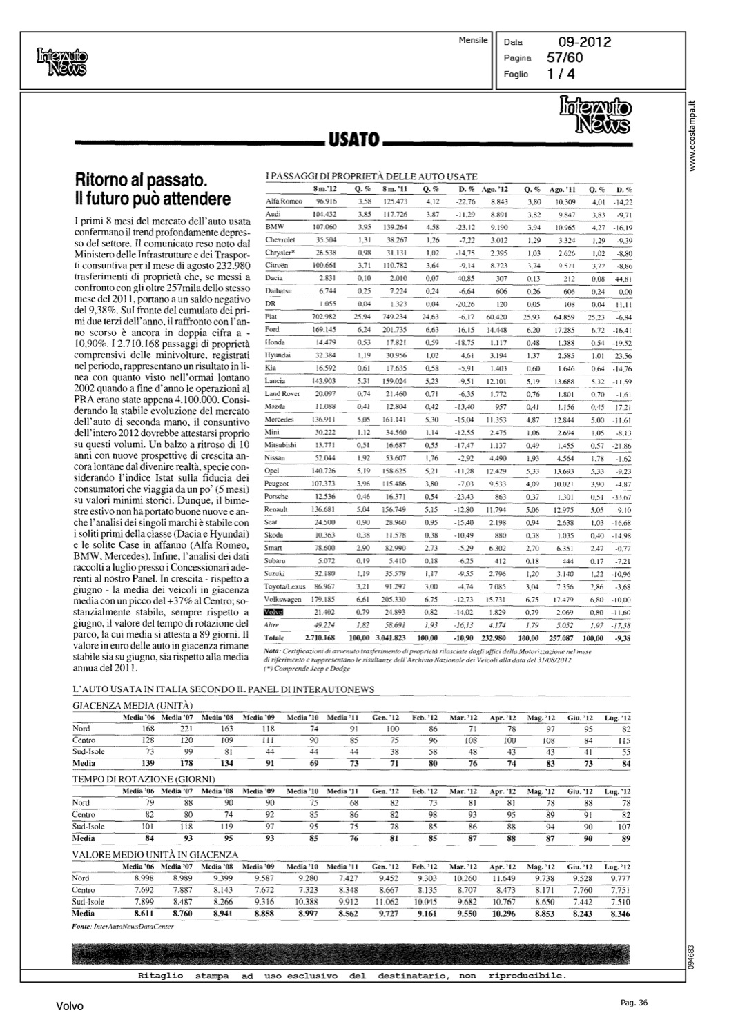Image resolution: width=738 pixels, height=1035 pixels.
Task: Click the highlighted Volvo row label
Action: point(274,611)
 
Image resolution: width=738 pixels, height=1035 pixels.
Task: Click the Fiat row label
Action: point(272,317)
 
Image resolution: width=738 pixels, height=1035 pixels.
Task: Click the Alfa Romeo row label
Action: point(284,201)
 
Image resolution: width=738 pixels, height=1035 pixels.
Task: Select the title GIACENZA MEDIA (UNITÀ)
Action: point(133,705)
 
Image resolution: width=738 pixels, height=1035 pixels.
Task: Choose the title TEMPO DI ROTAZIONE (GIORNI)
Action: point(144,778)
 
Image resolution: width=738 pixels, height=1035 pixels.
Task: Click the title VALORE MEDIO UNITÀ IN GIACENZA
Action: point(155,854)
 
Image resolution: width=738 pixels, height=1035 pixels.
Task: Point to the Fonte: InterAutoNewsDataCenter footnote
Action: point(122,926)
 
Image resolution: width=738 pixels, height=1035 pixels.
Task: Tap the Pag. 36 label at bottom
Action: point(634,1003)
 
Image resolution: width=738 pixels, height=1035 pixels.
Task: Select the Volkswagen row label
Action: point(282,599)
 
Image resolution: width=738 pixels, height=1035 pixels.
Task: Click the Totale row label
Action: point(275,638)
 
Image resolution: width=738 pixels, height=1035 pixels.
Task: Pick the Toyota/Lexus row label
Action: point(284,586)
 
